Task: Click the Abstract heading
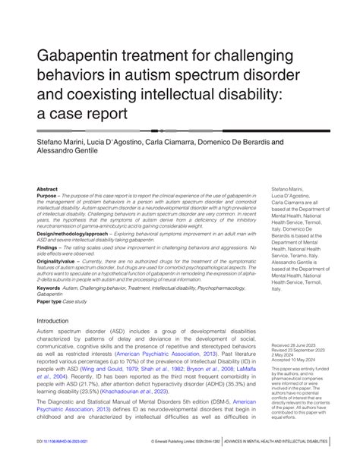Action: point(48,189)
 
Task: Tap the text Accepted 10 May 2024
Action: point(290,360)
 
